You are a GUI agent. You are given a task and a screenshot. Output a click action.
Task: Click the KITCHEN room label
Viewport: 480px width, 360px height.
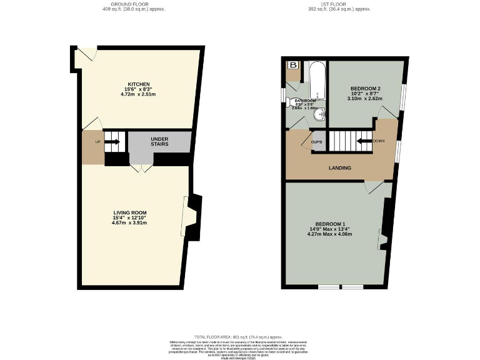(139, 84)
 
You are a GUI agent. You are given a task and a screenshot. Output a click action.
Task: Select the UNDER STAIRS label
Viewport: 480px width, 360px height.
(161, 141)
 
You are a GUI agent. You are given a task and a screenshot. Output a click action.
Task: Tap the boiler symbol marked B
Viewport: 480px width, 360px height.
(292, 65)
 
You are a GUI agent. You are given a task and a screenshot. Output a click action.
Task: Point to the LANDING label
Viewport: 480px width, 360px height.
(340, 167)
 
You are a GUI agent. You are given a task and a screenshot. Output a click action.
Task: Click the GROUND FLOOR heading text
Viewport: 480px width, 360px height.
(135, 4)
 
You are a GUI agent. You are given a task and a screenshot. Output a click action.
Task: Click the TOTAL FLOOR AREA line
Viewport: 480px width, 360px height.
(240, 336)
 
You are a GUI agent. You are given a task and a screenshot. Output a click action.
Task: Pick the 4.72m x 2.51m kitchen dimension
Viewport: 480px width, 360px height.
(139, 94)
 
